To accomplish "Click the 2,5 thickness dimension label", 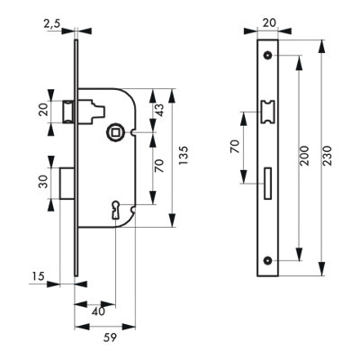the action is tap(52, 24).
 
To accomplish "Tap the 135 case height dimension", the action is tap(184, 155).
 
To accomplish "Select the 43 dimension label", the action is tap(160, 110).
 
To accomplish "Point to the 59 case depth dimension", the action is tap(110, 337).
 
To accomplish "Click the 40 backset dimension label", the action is tap(98, 311).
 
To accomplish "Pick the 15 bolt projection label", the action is tap(38, 275).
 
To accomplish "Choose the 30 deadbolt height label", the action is tap(43, 182).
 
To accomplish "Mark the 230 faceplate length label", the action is tap(328, 156).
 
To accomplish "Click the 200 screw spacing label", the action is tap(304, 156).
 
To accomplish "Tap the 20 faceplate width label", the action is tap(268, 22).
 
